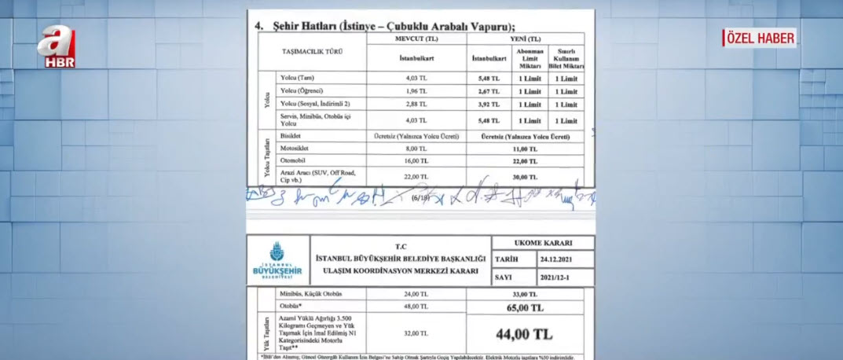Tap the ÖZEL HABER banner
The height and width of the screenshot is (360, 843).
tap(760, 38)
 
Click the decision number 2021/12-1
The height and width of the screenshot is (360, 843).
tap(560, 277)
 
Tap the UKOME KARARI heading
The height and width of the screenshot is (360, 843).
tap(542, 242)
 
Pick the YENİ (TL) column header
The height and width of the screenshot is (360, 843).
tap(524, 39)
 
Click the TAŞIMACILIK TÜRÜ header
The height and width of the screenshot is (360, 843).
tap(313, 51)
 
